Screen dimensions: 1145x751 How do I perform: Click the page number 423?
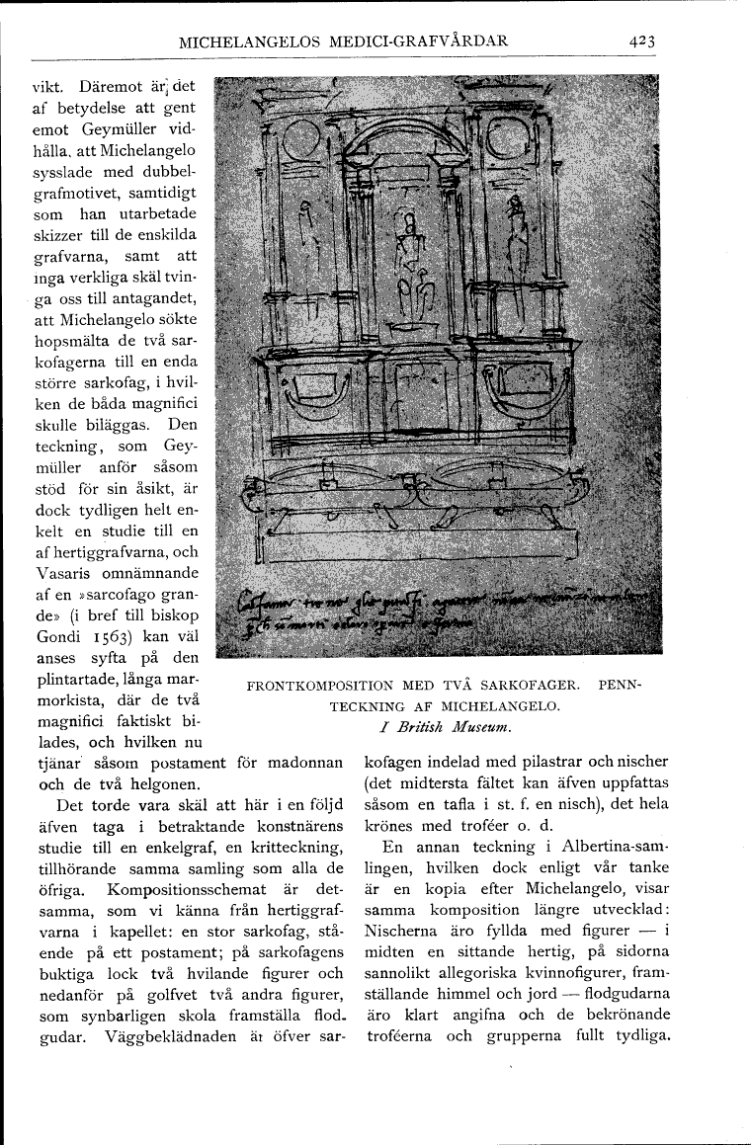point(640,41)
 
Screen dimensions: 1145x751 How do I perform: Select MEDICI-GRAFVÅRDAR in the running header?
point(427,41)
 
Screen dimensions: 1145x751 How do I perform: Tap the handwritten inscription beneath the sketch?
point(435,613)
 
